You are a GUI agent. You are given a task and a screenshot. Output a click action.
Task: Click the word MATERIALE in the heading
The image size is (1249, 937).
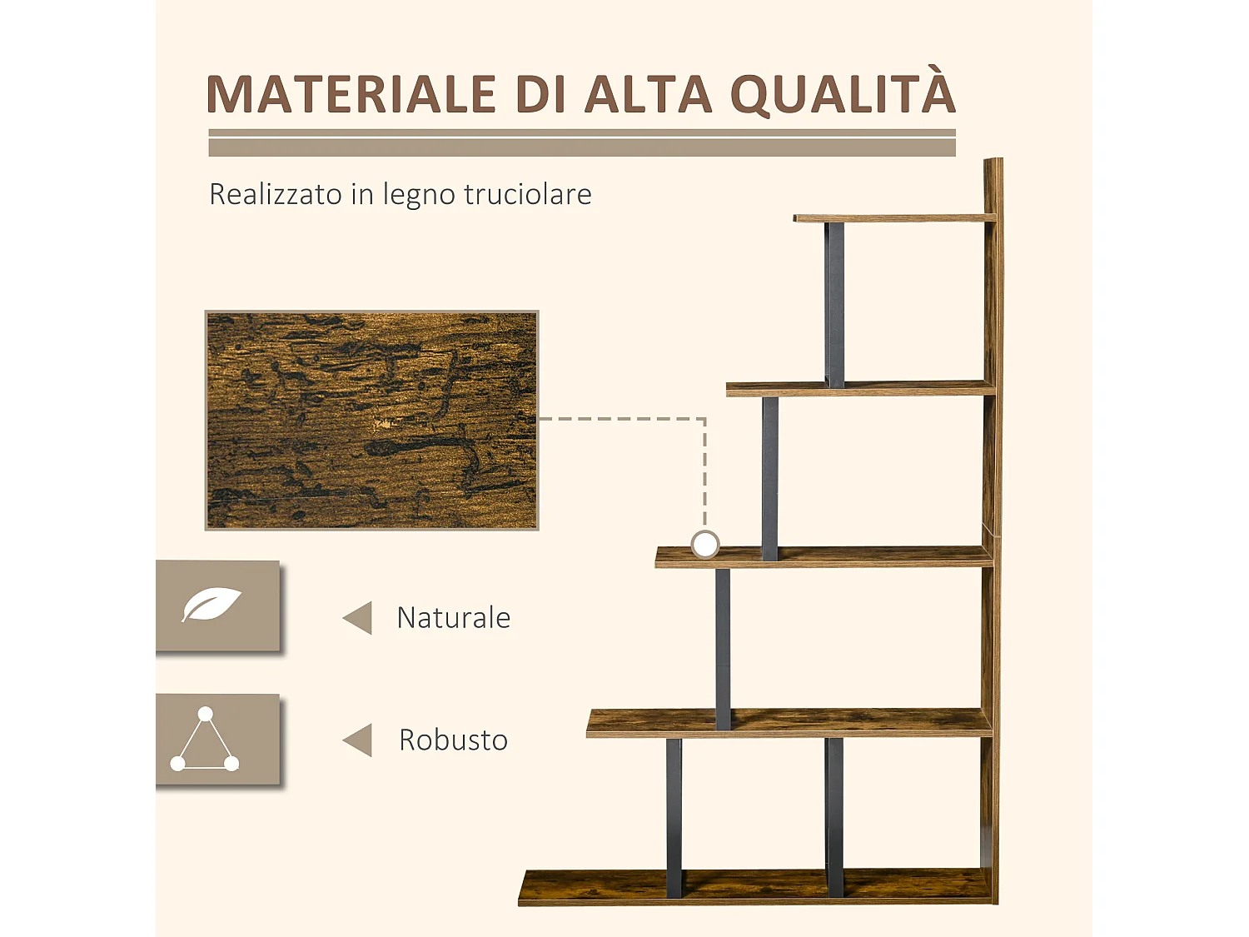[351, 94]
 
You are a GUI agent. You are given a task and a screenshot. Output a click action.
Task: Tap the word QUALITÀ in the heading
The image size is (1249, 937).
[843, 94]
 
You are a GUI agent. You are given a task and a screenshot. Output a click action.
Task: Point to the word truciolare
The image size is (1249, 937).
[527, 194]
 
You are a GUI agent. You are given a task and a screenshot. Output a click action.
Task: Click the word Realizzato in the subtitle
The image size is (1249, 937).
[276, 194]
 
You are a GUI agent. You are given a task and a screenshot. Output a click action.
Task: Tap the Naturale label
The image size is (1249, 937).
[454, 618]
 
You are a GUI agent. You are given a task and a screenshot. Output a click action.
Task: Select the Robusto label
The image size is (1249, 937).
[454, 740]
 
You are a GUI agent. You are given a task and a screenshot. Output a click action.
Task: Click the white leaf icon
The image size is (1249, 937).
[211, 605]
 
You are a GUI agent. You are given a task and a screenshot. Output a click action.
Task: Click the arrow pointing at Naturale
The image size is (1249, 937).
[358, 618]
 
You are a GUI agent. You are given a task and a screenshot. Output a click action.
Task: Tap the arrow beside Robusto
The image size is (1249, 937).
[358, 740]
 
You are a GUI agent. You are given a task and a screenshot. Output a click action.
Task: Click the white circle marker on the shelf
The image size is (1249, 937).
[705, 545]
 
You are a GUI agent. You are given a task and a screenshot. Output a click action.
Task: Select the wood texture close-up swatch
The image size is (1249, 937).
[372, 421]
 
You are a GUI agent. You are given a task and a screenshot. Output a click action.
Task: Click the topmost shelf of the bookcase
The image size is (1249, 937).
[894, 218]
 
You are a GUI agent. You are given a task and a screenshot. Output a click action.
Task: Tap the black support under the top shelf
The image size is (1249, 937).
[834, 304]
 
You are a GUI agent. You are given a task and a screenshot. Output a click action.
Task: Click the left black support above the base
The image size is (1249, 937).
[674, 816]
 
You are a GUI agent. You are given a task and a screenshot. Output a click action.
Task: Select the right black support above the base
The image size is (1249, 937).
[834, 816]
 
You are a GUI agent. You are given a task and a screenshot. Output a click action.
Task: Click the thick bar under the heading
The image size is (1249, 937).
[582, 147]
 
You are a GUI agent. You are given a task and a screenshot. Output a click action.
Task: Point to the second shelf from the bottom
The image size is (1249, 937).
[789, 722]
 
